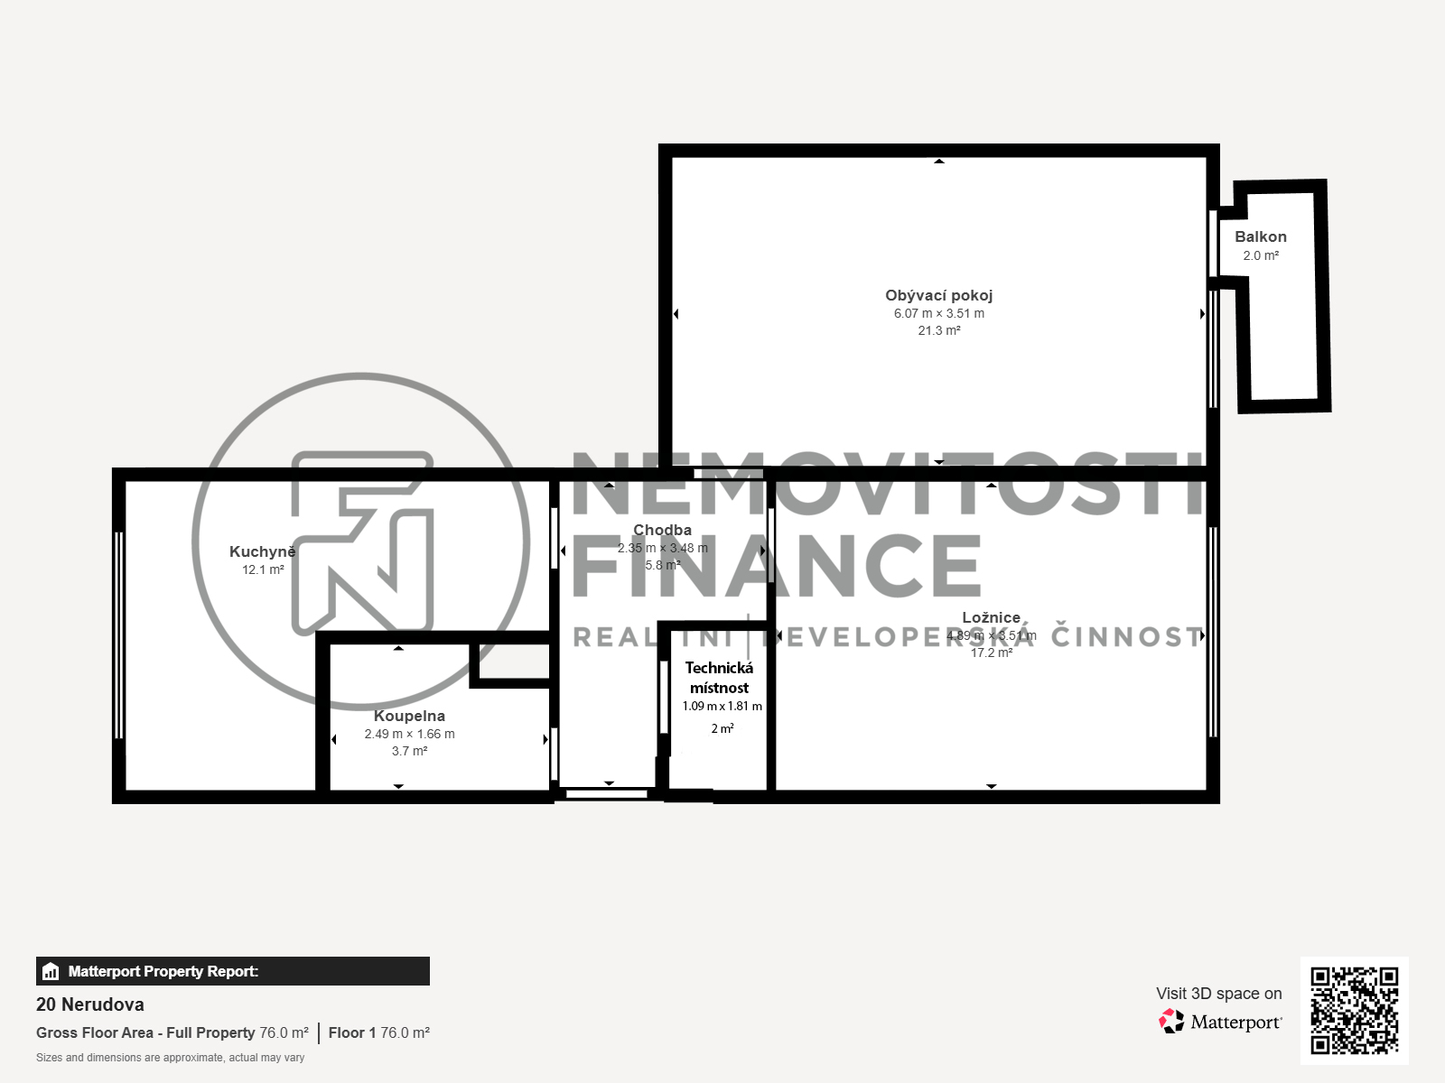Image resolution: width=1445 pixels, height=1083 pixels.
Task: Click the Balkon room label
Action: point(1260,236)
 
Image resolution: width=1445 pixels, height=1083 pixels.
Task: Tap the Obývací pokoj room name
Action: point(938,295)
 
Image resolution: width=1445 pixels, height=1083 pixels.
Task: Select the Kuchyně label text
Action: point(262,551)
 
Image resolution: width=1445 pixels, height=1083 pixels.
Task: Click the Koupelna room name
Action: point(409,716)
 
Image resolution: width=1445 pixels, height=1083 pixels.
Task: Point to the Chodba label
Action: point(662,530)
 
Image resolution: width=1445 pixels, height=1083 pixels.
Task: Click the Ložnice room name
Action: point(991,617)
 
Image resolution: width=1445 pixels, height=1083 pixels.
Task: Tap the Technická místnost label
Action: point(719,678)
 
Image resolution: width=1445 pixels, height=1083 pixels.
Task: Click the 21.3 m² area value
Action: point(939,331)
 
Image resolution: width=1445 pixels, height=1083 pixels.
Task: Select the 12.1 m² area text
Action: point(263,570)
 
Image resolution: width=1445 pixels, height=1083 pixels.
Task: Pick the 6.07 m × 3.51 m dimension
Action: point(939,314)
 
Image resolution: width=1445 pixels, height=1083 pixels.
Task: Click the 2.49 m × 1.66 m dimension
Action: point(409,734)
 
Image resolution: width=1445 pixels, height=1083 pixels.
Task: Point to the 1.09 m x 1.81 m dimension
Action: point(722,707)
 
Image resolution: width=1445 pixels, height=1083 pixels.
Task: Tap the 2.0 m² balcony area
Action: point(1261,256)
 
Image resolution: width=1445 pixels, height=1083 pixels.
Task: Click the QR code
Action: point(1354,1010)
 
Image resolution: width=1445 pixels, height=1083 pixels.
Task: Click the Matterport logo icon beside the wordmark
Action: point(1171,1022)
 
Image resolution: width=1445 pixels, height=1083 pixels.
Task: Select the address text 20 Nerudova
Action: point(90,1004)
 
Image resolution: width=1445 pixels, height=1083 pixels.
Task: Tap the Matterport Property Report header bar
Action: point(232,971)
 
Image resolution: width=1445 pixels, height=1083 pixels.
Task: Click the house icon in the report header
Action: point(51,972)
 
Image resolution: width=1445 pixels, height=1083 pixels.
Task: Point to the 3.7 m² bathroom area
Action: point(409,751)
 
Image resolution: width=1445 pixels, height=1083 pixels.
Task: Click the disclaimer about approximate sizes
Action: point(170,1058)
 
